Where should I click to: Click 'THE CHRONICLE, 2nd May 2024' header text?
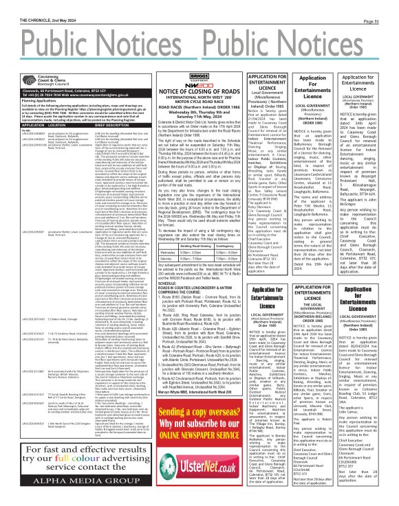[31, 4]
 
